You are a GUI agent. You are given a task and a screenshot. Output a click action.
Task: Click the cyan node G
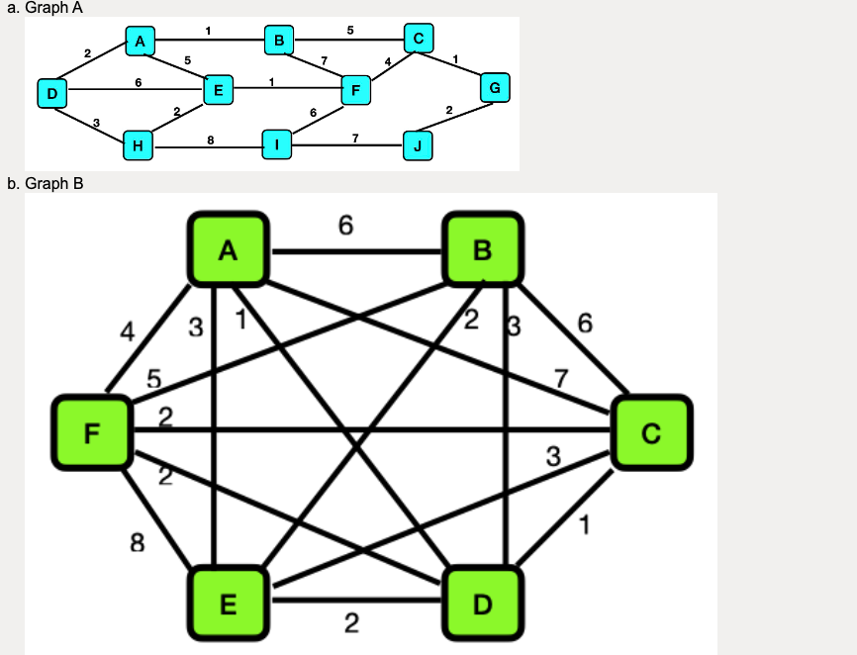494,89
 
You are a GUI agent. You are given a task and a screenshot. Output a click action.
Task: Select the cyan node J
419,147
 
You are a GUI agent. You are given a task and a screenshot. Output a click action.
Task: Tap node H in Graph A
138,146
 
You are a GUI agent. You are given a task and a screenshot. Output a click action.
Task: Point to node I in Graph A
278,145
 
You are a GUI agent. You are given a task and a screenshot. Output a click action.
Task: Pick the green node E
228,604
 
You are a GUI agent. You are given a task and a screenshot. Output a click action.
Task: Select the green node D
483,603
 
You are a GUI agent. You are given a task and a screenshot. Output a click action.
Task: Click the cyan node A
141,42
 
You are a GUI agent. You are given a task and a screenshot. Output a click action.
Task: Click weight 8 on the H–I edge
210,140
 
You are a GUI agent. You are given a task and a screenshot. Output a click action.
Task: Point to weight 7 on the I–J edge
354,138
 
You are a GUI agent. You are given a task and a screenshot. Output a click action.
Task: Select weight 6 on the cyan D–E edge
137,82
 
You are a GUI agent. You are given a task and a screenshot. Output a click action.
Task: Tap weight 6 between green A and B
344,226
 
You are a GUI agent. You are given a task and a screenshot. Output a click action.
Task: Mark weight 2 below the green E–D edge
351,623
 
